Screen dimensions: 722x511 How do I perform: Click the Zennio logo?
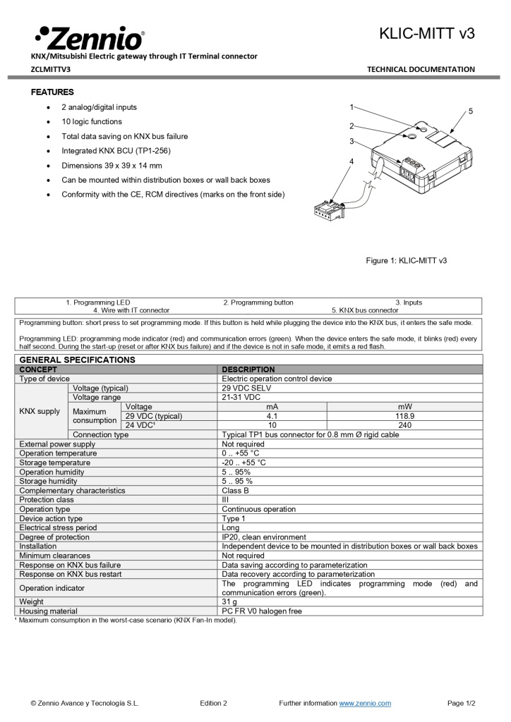(89, 37)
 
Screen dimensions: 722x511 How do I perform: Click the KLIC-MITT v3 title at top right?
(426, 33)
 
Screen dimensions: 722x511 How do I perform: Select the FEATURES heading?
(52, 92)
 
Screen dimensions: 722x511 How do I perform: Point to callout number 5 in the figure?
(470, 111)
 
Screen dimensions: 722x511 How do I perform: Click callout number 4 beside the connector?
(351, 162)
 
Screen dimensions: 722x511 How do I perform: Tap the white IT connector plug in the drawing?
(328, 209)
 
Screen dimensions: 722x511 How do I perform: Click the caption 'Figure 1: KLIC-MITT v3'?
(406, 261)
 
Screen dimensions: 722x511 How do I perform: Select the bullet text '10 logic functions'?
(92, 122)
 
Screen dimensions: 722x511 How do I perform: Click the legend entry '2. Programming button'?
(258, 302)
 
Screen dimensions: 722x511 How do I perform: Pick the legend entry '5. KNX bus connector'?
(365, 310)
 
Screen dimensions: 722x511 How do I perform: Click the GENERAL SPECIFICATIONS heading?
(77, 360)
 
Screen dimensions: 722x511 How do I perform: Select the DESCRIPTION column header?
(248, 369)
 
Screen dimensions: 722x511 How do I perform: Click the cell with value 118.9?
(404, 416)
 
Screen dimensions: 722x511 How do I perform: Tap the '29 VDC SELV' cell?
(246, 388)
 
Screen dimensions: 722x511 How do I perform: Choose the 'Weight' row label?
(31, 601)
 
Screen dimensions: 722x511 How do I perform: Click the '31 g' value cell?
(229, 601)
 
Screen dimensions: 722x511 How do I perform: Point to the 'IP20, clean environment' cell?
(264, 537)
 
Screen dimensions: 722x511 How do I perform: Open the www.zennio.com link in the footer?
(365, 703)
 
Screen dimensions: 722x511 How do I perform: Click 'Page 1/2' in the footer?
(461, 703)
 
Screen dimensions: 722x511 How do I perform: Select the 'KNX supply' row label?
(40, 411)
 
